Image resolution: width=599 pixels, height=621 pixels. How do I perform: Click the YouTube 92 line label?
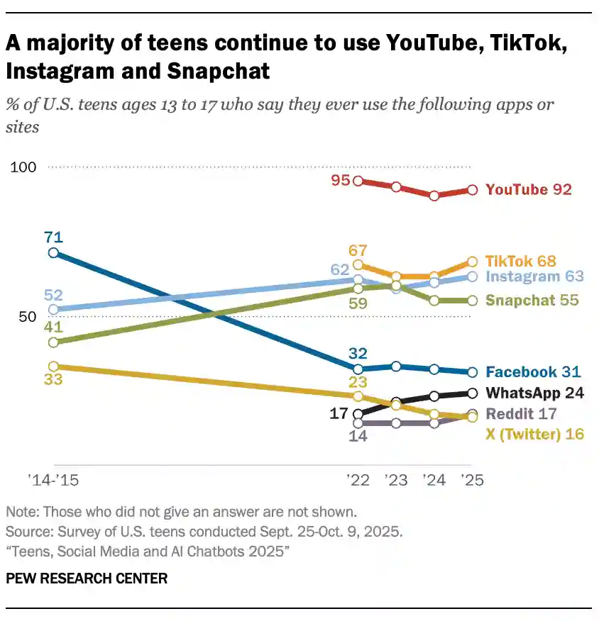pos(528,189)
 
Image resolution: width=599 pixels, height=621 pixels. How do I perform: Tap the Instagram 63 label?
pos(535,276)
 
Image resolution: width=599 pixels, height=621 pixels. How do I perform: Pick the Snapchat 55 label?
pos(532,300)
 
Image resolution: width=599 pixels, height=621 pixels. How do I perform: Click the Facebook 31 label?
pos(533,371)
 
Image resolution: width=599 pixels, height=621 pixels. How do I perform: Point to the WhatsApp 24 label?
pos(534,393)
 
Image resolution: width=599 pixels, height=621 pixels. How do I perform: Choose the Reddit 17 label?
pos(521,413)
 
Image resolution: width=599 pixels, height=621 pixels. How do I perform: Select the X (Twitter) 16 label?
pos(534,434)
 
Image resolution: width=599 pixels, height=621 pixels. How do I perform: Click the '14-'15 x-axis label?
pos(53,481)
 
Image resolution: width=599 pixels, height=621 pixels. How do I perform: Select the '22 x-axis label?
pos(358,481)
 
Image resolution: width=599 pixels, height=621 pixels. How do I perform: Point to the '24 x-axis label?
pos(434,481)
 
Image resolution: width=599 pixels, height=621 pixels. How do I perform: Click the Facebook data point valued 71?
pos(53,252)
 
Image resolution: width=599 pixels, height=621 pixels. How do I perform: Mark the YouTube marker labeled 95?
pos(358,181)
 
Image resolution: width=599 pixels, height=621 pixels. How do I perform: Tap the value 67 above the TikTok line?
pos(358,250)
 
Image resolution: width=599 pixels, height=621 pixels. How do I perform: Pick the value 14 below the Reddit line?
pos(358,437)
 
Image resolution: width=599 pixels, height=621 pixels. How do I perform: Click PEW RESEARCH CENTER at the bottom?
pos(87,578)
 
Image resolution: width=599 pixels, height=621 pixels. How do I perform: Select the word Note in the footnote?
pos(21,512)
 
